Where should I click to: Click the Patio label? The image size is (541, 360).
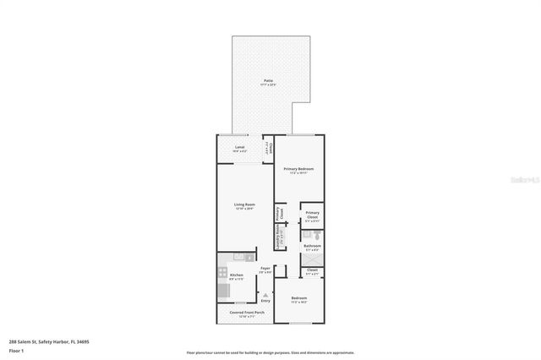(268, 81)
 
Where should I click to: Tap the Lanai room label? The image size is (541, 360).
(239, 147)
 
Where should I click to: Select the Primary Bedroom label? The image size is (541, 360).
(299, 170)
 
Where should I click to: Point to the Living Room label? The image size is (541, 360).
(245, 205)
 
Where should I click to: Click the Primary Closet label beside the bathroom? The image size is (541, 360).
(312, 215)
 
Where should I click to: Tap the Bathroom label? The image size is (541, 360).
(312, 247)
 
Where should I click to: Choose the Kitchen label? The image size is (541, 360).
(237, 276)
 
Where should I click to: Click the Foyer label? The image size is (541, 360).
(265, 270)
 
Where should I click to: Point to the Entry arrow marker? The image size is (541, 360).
(265, 293)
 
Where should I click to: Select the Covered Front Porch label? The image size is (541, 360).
(247, 314)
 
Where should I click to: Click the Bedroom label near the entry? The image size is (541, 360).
(299, 299)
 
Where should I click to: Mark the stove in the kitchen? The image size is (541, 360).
(223, 290)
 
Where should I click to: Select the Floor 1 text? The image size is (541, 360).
(15, 350)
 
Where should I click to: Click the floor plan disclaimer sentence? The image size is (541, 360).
(270, 352)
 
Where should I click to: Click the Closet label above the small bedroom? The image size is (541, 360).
(312, 272)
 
